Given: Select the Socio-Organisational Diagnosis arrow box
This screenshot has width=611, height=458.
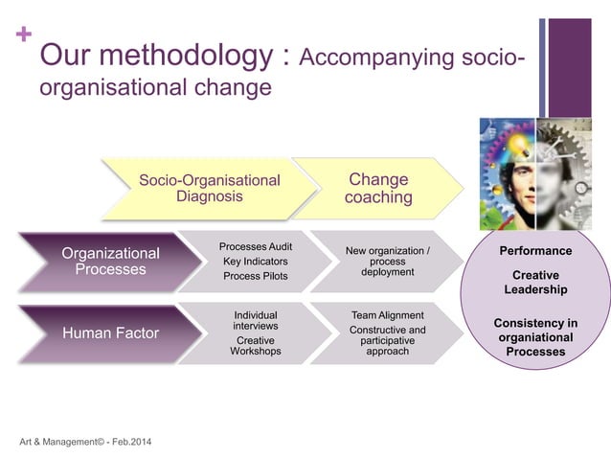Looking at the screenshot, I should tap(210, 188).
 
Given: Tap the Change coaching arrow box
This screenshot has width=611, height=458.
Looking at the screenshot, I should tap(379, 188).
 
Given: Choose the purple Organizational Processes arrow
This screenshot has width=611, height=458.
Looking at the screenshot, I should tap(111, 261).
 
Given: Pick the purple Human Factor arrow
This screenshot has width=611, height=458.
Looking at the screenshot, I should tap(111, 333).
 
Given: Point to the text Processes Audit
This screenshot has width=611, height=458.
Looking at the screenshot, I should tap(256, 246).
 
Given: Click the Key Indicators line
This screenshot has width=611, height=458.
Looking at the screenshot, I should tap(256, 261).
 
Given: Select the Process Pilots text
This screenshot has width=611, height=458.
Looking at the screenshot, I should tap(256, 276).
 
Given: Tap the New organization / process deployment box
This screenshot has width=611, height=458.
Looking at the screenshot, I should tap(388, 261).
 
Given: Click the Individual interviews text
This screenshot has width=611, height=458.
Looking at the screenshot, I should tap(256, 320).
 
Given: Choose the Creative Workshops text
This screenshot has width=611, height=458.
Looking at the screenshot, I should tap(256, 345).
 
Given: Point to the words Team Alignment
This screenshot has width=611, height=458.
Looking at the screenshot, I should tap(388, 314).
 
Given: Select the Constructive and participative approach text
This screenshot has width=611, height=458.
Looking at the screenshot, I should tap(388, 340).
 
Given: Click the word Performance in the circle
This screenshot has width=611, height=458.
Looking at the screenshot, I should tap(536, 251).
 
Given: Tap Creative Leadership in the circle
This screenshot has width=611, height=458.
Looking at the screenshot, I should tap(536, 282).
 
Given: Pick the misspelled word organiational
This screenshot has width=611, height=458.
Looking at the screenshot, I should tap(536, 337).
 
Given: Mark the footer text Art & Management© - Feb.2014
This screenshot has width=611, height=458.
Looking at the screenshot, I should tap(84, 441).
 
